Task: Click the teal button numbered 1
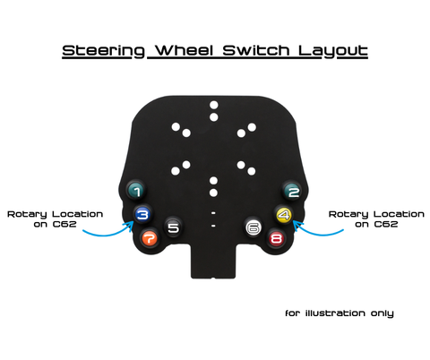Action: [x=136, y=190]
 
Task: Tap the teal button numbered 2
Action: [x=292, y=191]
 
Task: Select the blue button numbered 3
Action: [x=142, y=214]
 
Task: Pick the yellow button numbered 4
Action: [x=284, y=214]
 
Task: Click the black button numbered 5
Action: [x=173, y=227]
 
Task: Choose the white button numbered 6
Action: [x=254, y=227]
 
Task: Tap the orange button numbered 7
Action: [x=150, y=238]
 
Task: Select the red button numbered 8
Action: [x=276, y=238]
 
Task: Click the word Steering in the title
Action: [x=103, y=51]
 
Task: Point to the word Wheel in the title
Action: [x=185, y=50]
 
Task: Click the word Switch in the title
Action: [x=256, y=50]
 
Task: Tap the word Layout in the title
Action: [x=333, y=51]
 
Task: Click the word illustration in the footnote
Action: [x=335, y=313]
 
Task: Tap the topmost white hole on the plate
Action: [x=214, y=105]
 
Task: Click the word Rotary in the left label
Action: [x=27, y=215]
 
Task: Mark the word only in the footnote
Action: [x=383, y=313]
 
